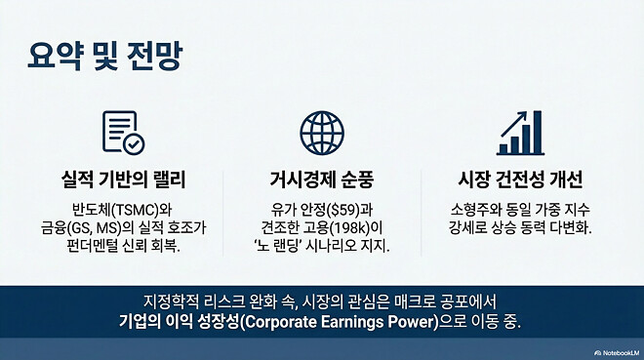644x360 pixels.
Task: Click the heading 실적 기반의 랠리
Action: pyautogui.click(x=123, y=180)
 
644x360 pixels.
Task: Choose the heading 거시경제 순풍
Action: pyautogui.click(x=321, y=180)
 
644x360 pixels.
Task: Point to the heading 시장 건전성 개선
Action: pyautogui.click(x=519, y=180)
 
